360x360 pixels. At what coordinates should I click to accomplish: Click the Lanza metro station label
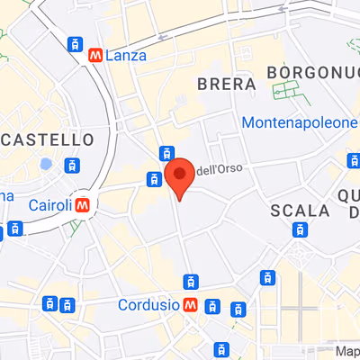point(126,56)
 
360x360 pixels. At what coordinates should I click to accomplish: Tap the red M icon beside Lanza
point(96,56)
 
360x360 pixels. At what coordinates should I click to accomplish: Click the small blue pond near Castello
point(45,165)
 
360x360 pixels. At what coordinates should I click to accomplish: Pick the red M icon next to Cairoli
point(84,205)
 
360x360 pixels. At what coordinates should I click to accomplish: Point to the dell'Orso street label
point(220,168)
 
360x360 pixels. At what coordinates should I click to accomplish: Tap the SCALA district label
point(300,210)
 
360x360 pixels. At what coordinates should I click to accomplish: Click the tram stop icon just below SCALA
point(299,229)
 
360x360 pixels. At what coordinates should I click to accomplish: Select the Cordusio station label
point(148,304)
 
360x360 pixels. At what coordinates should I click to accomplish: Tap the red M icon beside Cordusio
point(191,305)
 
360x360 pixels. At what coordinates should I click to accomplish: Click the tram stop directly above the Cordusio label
point(188,281)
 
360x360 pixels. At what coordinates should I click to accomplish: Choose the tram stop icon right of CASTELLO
point(70,165)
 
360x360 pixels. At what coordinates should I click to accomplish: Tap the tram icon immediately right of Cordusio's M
point(211,306)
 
